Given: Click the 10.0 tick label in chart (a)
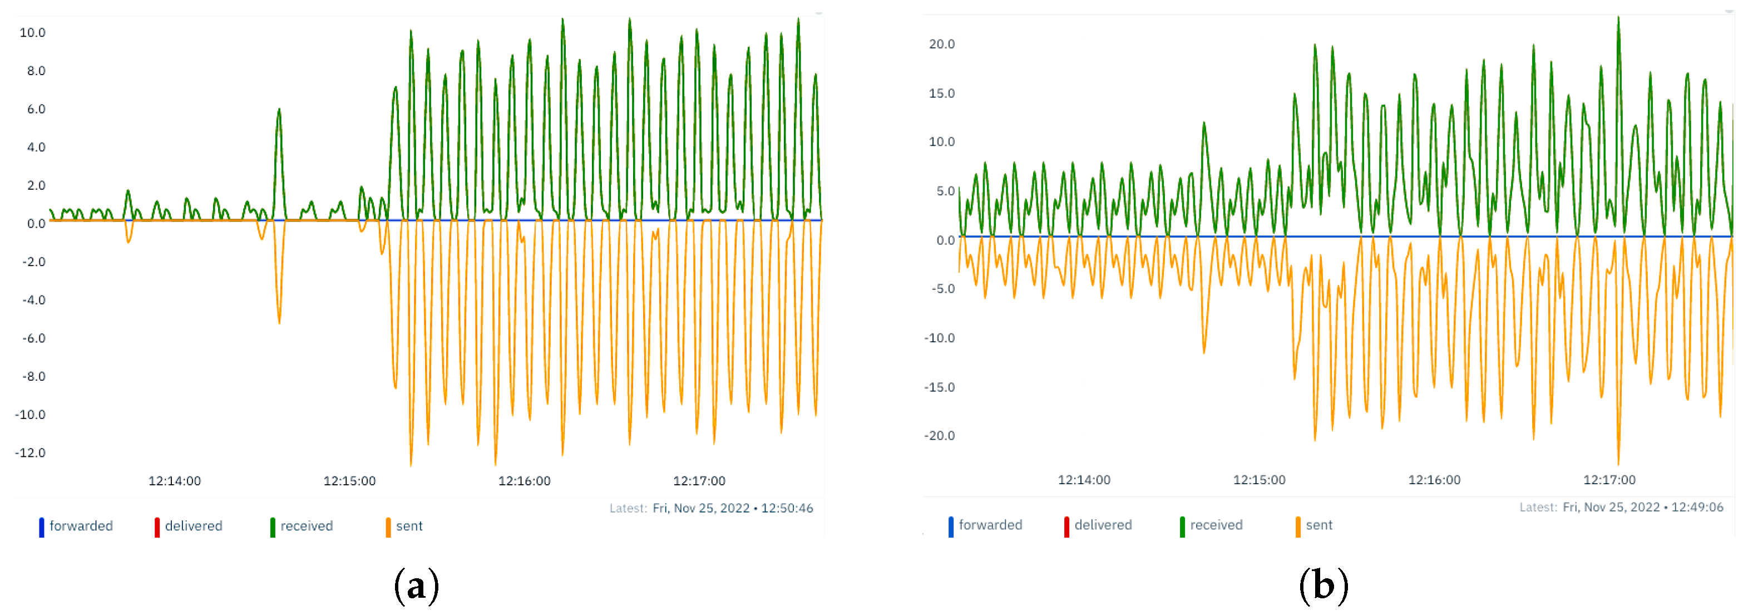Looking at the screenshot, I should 32,33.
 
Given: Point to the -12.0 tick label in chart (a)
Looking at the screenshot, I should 31,452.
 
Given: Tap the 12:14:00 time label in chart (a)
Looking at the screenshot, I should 175,481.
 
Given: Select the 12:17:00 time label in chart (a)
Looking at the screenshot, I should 699,481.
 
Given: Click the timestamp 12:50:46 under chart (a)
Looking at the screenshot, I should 787,508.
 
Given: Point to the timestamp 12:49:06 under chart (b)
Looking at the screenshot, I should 1697,508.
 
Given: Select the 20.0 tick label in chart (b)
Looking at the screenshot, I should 941,45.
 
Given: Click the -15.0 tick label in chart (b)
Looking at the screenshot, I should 939,387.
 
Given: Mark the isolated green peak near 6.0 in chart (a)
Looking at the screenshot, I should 279,110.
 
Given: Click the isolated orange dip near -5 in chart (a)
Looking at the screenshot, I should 279,321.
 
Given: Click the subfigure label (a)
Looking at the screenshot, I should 416,586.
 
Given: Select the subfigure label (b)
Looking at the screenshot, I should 1323,586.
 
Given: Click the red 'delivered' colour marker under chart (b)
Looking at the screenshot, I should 1066,526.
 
